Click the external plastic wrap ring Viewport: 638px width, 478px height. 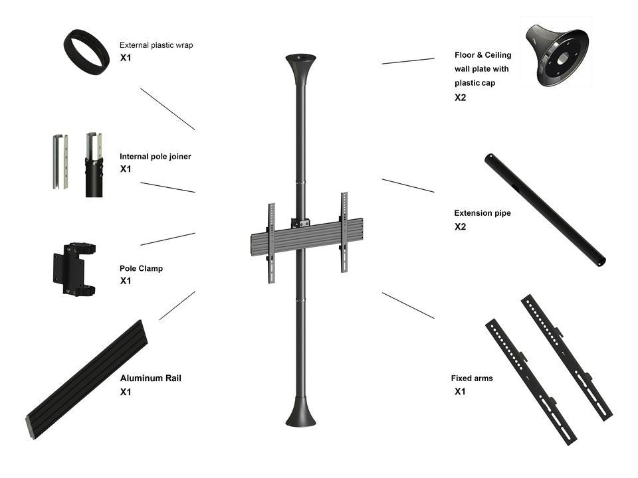click(86, 51)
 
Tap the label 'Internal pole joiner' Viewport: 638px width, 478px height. click(155, 157)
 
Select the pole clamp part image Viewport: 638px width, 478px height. click(74, 268)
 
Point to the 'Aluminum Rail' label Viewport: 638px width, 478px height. click(150, 378)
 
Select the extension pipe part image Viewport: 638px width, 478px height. click(544, 209)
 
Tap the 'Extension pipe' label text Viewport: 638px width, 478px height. click(482, 214)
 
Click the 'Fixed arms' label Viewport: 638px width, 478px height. click(472, 378)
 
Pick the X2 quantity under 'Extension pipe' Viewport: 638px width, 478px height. click(460, 227)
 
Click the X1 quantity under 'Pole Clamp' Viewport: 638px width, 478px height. click(126, 281)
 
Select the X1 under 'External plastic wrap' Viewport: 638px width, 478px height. click(126, 58)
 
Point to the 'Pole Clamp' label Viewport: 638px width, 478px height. click(141, 269)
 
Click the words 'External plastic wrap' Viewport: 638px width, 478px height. click(156, 45)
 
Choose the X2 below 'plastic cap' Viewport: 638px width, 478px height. click(460, 98)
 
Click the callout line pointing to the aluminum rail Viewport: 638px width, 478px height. click(177, 305)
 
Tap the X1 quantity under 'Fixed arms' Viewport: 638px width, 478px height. click(460, 392)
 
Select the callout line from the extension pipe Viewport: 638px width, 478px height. click(408, 186)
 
